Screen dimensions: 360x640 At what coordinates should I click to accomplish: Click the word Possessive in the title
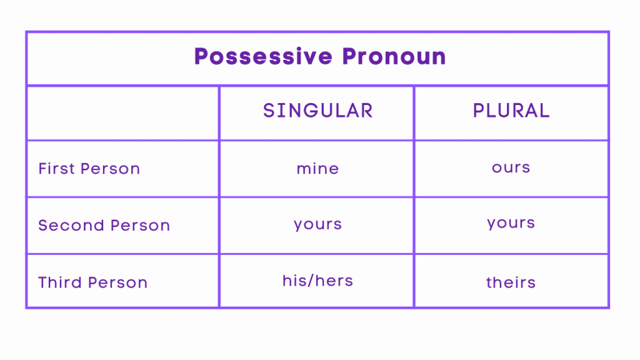263,57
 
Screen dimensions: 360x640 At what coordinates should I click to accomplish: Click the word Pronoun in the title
394,57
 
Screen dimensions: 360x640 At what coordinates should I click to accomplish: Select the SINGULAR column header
317,111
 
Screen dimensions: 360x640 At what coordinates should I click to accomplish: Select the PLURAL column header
511,111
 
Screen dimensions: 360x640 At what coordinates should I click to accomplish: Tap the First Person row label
89,169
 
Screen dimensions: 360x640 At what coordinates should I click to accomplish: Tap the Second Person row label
104,226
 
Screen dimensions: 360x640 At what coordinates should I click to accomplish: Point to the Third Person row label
93,282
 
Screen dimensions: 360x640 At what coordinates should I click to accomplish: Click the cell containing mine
317,169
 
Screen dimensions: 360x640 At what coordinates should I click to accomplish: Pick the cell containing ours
511,167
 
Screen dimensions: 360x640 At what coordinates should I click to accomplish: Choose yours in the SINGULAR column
317,224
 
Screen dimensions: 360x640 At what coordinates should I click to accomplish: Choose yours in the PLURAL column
511,223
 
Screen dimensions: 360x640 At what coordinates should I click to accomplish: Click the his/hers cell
317,281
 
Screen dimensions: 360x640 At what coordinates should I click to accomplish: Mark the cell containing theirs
511,282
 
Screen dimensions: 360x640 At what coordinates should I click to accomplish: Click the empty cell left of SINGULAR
122,112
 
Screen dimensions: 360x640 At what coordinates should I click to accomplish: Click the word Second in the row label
64,226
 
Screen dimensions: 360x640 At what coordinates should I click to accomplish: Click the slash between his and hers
311,281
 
